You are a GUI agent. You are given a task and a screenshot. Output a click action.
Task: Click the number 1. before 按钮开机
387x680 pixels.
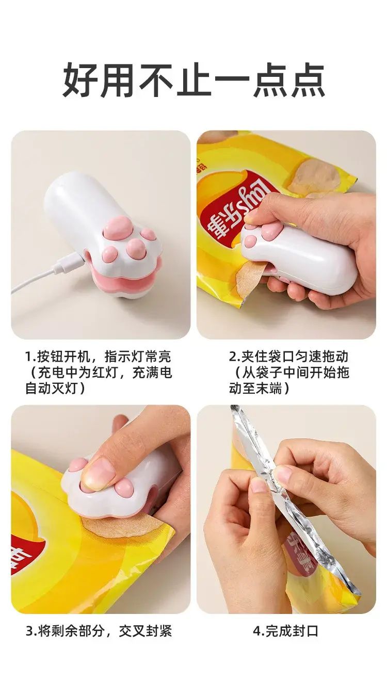(30, 357)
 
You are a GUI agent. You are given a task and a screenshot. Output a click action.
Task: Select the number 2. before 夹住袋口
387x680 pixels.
(235, 357)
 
